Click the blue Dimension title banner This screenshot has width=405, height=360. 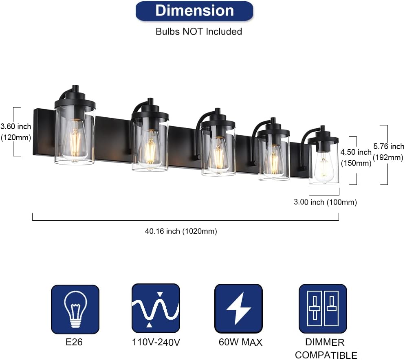[x=194, y=11]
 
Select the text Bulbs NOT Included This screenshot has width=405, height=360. [x=199, y=31]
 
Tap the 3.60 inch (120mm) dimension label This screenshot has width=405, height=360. [x=16, y=132]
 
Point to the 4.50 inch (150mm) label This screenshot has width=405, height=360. [x=356, y=158]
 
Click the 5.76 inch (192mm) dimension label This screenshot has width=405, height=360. [x=389, y=152]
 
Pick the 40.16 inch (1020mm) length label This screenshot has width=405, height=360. [x=181, y=231]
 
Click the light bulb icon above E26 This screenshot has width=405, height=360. [x=75, y=309]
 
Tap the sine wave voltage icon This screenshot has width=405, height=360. [x=156, y=308]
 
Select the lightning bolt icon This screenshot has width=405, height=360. [x=238, y=308]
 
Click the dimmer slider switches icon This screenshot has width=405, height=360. [x=323, y=308]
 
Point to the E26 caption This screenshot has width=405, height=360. [x=74, y=342]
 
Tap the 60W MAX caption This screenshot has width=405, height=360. [x=240, y=342]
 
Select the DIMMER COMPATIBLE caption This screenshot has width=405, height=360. [x=326, y=349]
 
